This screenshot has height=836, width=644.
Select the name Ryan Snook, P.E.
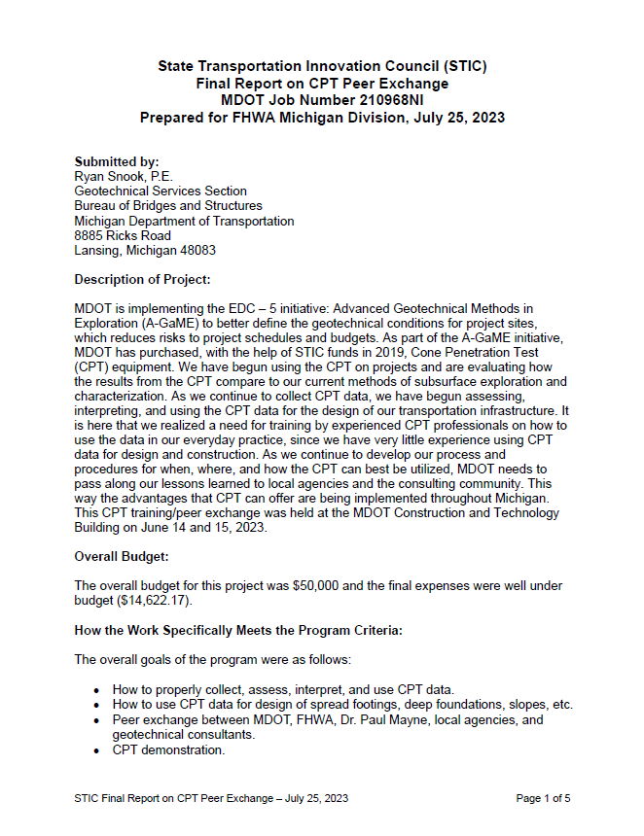124,176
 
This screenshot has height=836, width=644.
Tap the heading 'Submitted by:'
117,161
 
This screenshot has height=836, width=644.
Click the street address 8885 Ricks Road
123,235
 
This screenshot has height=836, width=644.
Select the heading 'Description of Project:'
142,279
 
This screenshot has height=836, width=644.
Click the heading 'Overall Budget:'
123,556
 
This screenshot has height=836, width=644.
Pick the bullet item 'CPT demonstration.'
168,749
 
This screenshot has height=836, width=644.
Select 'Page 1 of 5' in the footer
543,798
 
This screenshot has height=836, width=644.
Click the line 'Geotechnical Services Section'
161,192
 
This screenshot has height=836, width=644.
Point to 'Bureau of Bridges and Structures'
168,206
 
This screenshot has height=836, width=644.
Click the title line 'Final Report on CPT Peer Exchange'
322,84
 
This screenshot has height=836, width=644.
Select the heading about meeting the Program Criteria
238,630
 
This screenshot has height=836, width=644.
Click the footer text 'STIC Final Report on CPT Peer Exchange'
181,798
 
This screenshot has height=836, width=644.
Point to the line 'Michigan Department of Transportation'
184,221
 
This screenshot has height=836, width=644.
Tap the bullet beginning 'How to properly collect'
283,690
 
